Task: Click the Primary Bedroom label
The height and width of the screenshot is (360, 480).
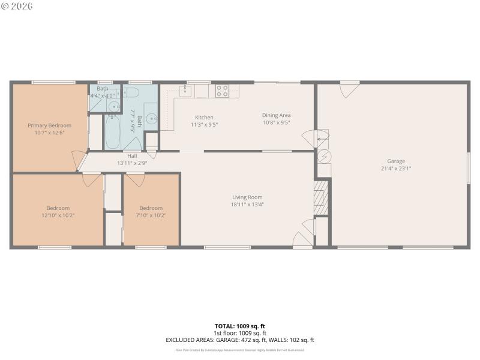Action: (x=49, y=125)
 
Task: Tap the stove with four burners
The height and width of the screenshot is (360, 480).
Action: (x=222, y=91)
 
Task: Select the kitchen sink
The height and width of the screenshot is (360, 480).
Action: (x=186, y=91)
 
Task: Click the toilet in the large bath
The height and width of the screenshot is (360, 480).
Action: (x=131, y=92)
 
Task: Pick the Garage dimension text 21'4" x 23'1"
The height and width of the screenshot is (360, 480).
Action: (x=395, y=169)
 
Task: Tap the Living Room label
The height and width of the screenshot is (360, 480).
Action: (x=247, y=197)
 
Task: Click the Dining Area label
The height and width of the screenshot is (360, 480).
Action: (x=276, y=115)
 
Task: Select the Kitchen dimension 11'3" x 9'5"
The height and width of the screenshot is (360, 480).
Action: (x=204, y=125)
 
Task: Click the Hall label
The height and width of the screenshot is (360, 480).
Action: (x=131, y=156)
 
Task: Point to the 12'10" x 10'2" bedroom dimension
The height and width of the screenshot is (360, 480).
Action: (x=58, y=215)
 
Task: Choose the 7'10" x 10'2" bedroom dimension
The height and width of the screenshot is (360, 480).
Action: (x=151, y=215)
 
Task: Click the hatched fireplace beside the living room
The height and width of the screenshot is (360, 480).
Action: (x=322, y=197)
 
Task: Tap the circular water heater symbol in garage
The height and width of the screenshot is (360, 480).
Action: (x=323, y=155)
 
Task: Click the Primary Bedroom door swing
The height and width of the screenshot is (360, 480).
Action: (x=78, y=161)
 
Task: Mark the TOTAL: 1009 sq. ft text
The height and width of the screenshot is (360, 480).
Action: (x=240, y=326)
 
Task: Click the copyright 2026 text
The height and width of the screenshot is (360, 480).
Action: (x=17, y=6)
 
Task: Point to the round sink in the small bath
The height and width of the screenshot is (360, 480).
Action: (x=114, y=107)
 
